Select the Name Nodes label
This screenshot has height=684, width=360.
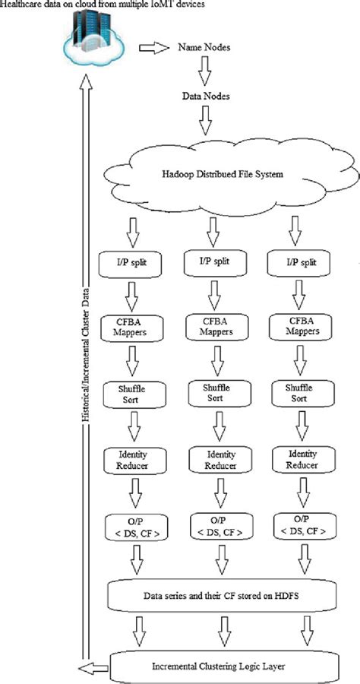tap(204, 48)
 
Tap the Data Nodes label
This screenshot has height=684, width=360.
tap(204, 98)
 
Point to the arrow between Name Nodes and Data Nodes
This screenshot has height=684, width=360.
tap(204, 73)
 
